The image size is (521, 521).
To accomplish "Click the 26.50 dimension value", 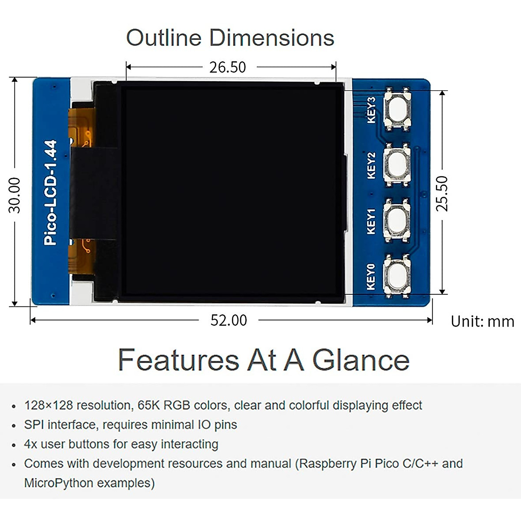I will [228, 67].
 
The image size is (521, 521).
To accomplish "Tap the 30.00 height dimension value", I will [15, 195].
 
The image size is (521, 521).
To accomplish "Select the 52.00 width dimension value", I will [228, 320].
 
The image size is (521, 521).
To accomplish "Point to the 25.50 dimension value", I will [442, 193].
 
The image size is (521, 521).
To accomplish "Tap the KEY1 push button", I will [397, 219].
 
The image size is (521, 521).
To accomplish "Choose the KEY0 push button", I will [397, 275].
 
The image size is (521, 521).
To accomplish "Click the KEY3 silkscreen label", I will [371, 110].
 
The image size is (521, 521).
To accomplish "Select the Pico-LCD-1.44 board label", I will [51, 192].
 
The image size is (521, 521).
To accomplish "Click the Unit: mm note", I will [482, 322].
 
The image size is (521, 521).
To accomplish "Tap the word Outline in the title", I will [164, 38].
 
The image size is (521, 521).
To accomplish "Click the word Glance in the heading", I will [361, 360].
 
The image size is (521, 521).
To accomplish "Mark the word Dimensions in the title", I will [272, 38].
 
